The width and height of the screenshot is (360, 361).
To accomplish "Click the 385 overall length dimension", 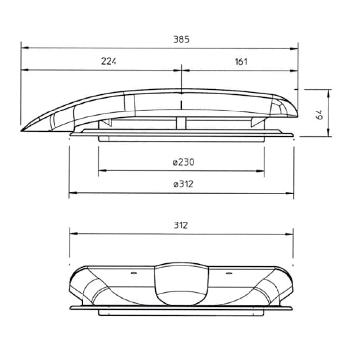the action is click(x=181, y=40).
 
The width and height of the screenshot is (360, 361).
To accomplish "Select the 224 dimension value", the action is click(x=109, y=61).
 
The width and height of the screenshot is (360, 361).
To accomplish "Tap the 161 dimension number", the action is click(x=241, y=62).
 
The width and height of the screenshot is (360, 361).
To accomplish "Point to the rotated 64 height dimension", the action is click(x=319, y=114).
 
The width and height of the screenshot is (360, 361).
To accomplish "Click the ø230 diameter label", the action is click(x=183, y=162).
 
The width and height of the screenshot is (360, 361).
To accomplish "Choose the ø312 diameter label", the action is click(x=183, y=184).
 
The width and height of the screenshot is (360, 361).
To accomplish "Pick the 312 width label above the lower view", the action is click(x=181, y=225).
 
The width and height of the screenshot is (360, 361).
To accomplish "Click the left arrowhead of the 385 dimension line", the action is click(x=25, y=48).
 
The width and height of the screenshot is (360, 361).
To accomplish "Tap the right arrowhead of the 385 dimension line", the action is click(x=294, y=49).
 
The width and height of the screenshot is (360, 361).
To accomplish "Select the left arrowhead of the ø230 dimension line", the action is click(x=103, y=170).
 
